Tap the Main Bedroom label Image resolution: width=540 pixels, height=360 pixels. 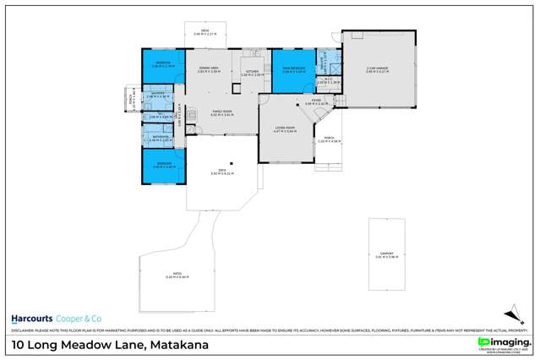292,70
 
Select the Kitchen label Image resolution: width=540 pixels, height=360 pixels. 252,72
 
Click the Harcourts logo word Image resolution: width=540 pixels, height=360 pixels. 33,319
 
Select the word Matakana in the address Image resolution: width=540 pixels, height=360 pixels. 178,345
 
